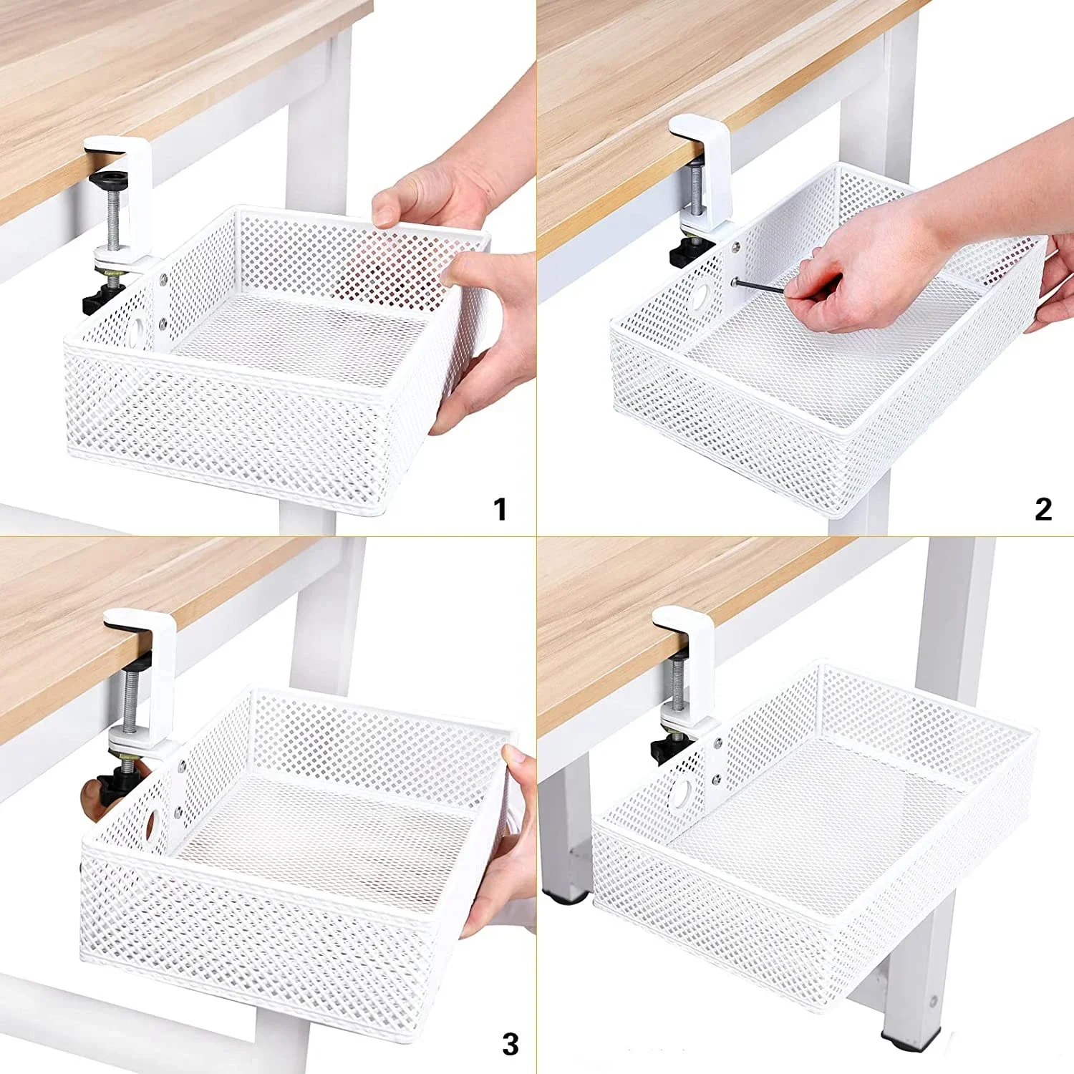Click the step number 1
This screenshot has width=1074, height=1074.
tap(500, 510)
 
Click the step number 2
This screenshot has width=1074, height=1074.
tap(1043, 509)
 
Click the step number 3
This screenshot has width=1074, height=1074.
tap(510, 1044)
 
